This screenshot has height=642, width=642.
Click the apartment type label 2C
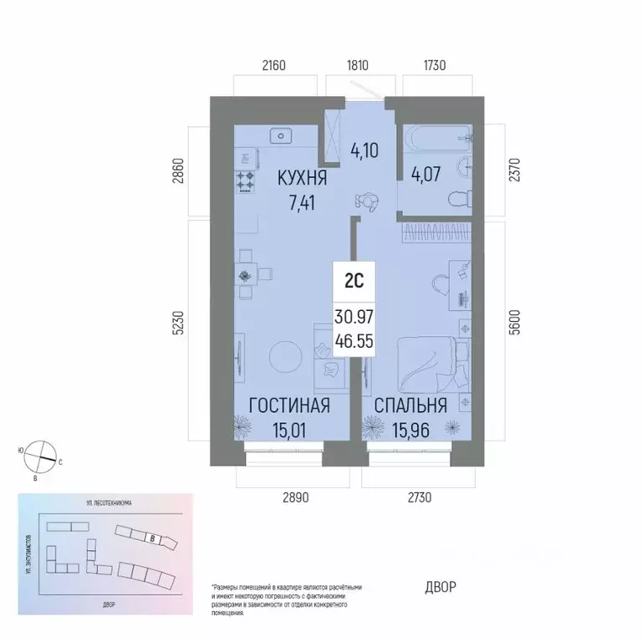click(353, 282)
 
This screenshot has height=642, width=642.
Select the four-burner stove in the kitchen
click(246, 181)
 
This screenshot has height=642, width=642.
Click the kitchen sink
click(282, 135)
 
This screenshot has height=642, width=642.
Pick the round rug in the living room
click(287, 357)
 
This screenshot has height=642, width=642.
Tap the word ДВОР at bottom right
click(436, 587)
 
